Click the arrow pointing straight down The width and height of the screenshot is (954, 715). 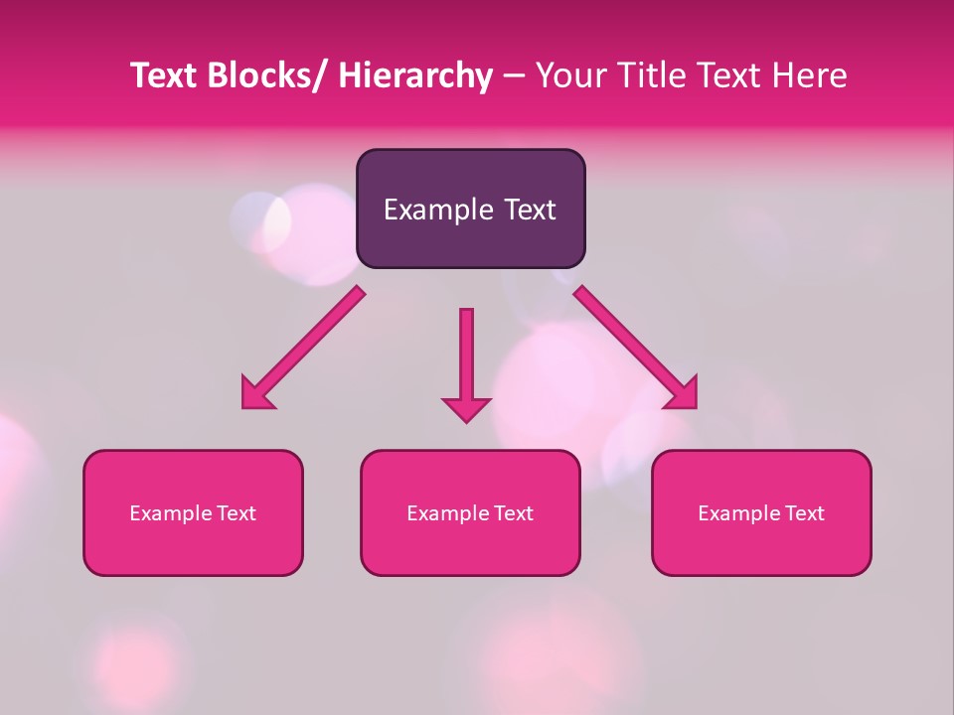tap(466, 362)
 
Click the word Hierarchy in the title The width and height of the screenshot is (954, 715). tap(415, 75)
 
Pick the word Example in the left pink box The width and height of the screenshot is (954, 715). tap(171, 513)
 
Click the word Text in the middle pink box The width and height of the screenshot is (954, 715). tap(513, 513)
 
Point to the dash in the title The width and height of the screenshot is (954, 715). tap(514, 75)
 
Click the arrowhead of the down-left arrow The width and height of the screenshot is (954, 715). tap(257, 394)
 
